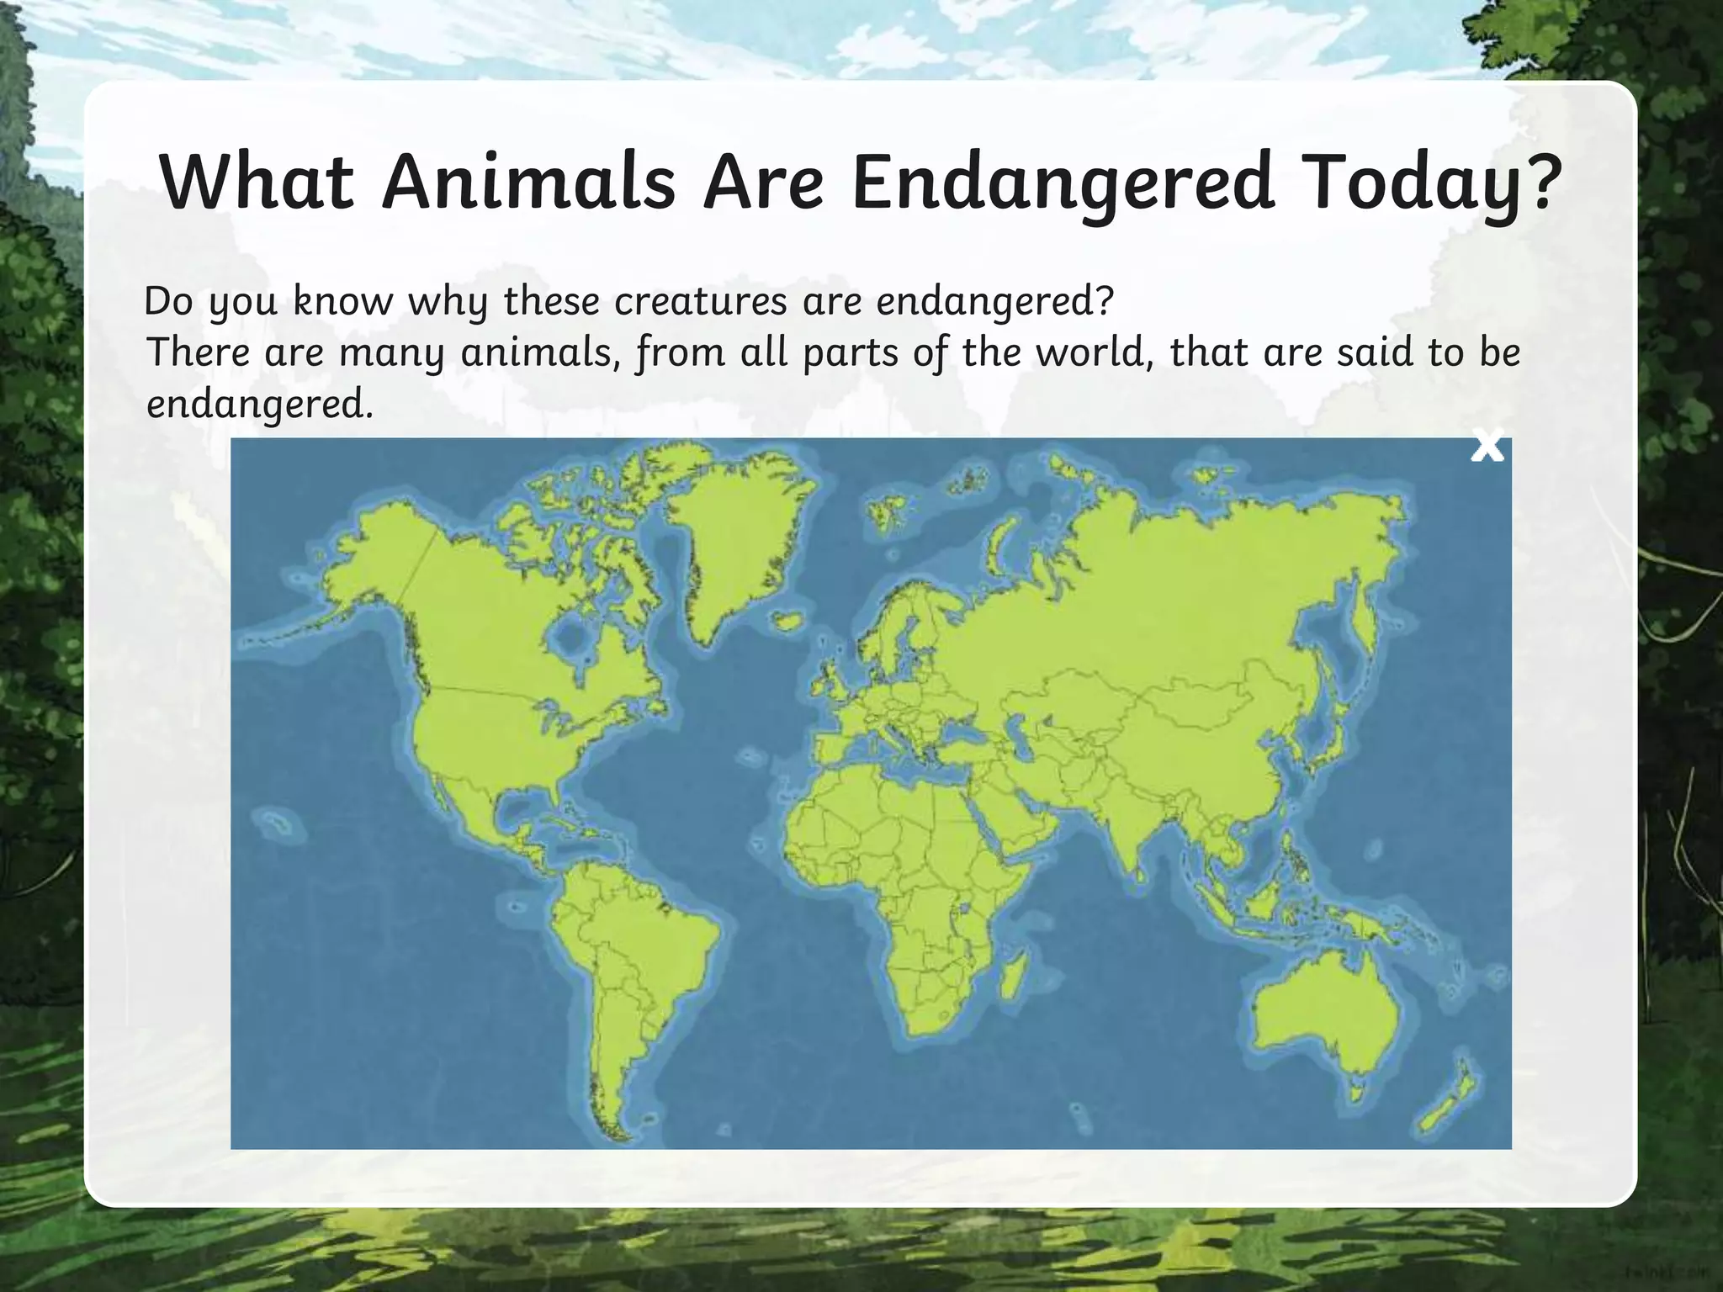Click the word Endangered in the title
(x=1061, y=183)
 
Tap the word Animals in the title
(x=528, y=183)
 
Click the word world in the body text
(x=1095, y=352)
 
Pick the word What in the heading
(x=257, y=183)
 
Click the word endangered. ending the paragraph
(x=258, y=405)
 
